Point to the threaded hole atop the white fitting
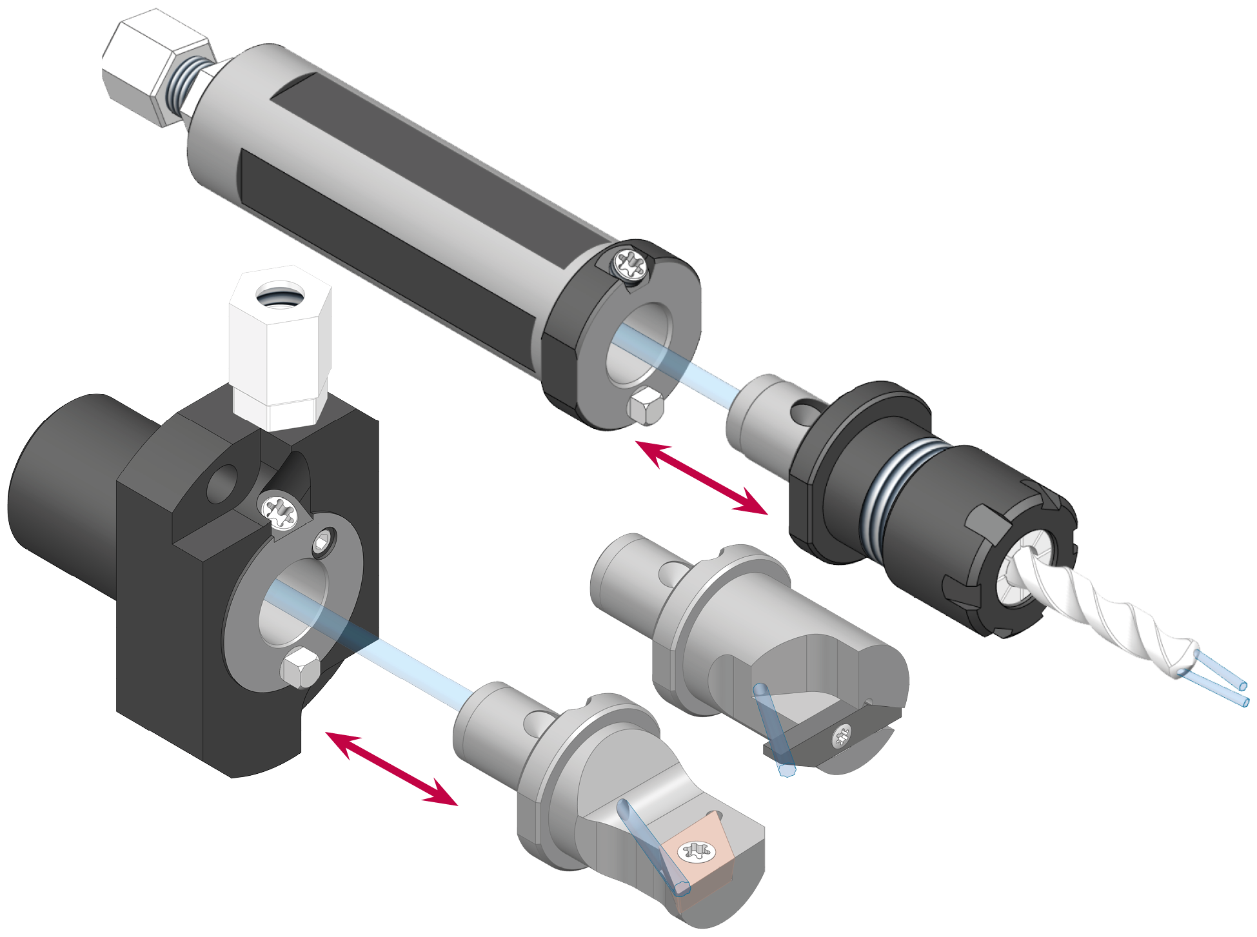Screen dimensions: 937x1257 point(280,297)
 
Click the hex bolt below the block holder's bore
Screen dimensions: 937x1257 point(299,668)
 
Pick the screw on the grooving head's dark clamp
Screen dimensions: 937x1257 point(842,735)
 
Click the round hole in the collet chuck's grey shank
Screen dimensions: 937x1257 point(803,413)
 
